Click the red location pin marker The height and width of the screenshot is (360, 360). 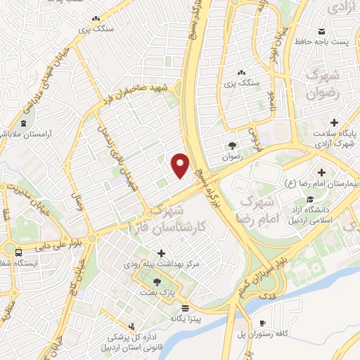click(181, 165)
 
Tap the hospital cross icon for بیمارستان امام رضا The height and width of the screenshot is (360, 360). click(321, 172)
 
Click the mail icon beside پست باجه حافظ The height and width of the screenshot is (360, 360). click(321, 32)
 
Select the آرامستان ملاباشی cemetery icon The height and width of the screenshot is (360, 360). click(25, 123)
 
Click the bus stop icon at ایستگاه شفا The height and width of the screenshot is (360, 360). click(18, 252)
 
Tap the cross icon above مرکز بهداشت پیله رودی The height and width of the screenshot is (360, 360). click(161, 253)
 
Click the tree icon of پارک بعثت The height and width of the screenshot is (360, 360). click(156, 281)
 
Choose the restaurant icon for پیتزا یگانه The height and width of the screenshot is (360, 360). click(185, 308)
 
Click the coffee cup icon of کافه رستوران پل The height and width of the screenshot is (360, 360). click(262, 323)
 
